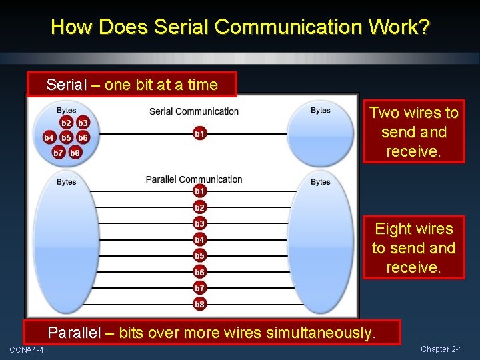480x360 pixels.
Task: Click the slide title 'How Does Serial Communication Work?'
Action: pyautogui.click(x=240, y=27)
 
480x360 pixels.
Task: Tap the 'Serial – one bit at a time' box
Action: pyautogui.click(x=132, y=85)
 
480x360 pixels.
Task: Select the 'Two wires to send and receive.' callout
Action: pyautogui.click(x=413, y=132)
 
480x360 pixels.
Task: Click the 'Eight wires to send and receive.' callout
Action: pyautogui.click(x=413, y=247)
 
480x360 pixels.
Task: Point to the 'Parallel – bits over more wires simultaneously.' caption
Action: pyautogui.click(x=211, y=333)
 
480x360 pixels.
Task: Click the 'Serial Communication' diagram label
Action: pyautogui.click(x=194, y=111)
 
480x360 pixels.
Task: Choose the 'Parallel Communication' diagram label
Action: pyautogui.click(x=194, y=179)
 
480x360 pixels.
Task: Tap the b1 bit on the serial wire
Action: pyautogui.click(x=199, y=134)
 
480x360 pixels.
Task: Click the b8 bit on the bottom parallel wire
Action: pyautogui.click(x=199, y=304)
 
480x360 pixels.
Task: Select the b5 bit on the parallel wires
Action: pyautogui.click(x=199, y=255)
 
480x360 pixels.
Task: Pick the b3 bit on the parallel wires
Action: pyautogui.click(x=199, y=223)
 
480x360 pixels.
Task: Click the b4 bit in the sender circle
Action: pyautogui.click(x=49, y=138)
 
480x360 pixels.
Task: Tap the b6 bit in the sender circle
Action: pyautogui.click(x=83, y=138)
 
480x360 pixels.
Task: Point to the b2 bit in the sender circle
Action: pyautogui.click(x=66, y=123)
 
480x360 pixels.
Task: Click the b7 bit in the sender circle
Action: pyautogui.click(x=58, y=153)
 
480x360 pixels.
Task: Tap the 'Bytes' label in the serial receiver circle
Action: pyautogui.click(x=321, y=111)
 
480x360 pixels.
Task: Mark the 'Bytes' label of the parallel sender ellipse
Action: pyautogui.click(x=66, y=182)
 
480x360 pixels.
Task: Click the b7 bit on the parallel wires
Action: pyautogui.click(x=199, y=288)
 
